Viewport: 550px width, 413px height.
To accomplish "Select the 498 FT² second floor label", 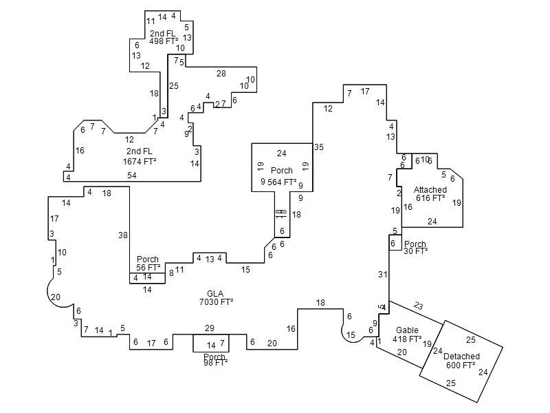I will (164, 37).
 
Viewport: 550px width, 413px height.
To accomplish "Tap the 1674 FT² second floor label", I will (140, 156).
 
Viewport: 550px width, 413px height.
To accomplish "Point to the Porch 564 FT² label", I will (282, 176).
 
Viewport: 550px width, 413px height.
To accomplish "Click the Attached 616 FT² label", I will (430, 193).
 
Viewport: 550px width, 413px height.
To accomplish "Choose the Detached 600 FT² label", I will (462, 361).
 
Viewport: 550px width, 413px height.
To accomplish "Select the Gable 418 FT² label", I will (407, 335).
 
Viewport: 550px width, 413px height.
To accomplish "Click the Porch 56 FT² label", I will (148, 264).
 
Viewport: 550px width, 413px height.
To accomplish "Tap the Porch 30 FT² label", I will (415, 247).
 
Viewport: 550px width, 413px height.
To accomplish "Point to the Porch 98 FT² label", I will (214, 360).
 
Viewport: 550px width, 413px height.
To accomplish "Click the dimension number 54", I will (131, 176).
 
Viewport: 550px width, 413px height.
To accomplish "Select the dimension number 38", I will (123, 235).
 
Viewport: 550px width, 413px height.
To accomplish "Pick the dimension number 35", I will (318, 147).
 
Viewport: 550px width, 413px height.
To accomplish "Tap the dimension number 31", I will (383, 275).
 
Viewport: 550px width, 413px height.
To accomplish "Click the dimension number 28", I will (221, 73).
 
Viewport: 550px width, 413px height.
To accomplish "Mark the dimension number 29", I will (210, 328).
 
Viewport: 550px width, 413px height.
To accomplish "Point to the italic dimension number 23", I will (418, 305).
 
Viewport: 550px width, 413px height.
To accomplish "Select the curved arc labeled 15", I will (351, 335).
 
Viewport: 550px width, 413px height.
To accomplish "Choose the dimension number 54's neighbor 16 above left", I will (80, 150).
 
